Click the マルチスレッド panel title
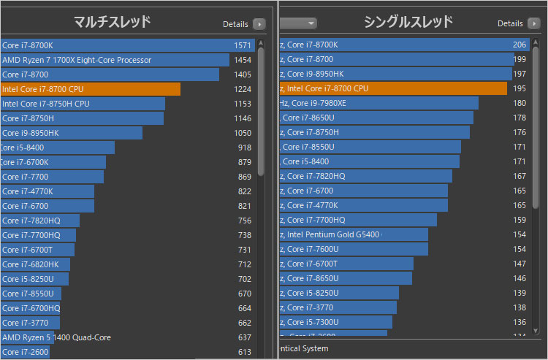(x=113, y=22)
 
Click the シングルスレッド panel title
(x=408, y=22)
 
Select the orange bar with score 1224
(x=91, y=89)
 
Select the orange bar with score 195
(x=393, y=88)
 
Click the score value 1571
(x=243, y=45)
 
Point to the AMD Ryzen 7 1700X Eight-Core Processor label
(x=77, y=60)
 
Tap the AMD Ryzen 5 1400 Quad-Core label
(x=56, y=337)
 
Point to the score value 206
(x=520, y=45)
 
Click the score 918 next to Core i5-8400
(x=244, y=148)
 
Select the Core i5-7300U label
(x=310, y=322)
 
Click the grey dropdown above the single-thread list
(x=298, y=23)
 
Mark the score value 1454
(x=243, y=60)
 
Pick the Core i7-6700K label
(x=25, y=162)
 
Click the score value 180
(x=520, y=103)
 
